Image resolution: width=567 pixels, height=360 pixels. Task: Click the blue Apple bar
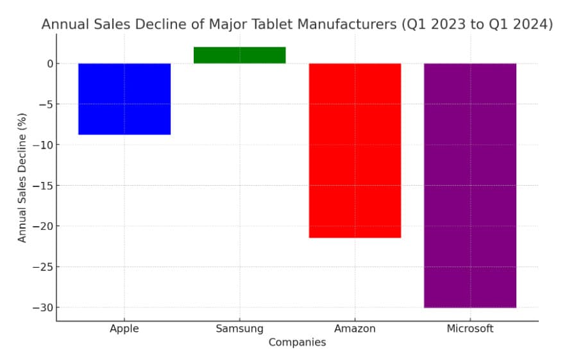click(x=124, y=99)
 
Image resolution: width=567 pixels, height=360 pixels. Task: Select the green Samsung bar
click(x=239, y=55)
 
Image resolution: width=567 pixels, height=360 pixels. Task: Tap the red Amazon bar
click(x=355, y=151)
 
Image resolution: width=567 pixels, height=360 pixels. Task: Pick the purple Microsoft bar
click(x=470, y=185)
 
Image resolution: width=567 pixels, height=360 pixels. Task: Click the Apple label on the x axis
click(x=124, y=329)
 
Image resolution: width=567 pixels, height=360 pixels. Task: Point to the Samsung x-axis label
click(x=239, y=329)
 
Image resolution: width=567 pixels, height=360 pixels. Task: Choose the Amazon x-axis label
click(x=355, y=329)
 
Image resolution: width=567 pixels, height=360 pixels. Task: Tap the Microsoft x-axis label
click(x=470, y=329)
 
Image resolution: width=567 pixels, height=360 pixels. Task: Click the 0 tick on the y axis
click(x=48, y=63)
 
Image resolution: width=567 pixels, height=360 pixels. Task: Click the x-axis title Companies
click(x=297, y=343)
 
